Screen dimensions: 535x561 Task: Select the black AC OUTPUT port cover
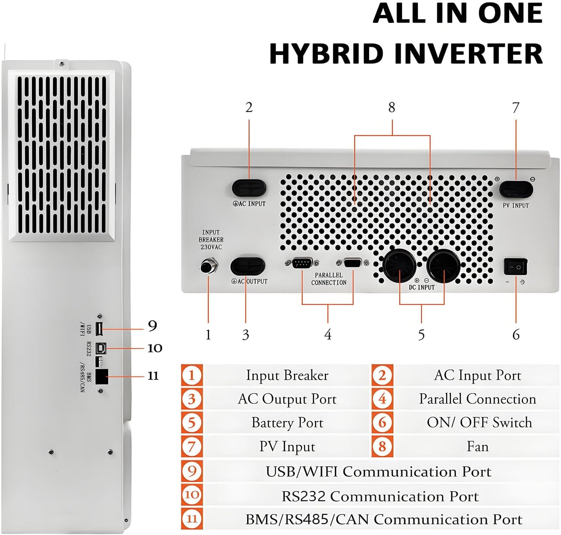(248, 266)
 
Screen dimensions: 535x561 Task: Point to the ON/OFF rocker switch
(516, 267)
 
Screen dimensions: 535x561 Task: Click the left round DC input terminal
(399, 266)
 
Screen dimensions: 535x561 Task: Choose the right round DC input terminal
(443, 266)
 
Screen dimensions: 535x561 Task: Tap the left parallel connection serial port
(302, 263)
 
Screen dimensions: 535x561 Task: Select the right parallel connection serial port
(353, 263)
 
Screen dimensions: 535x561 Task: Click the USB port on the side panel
(99, 329)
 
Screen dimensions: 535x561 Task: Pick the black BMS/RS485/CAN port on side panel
(102, 377)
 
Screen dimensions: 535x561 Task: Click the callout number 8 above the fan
(392, 108)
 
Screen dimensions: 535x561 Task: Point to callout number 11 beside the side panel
(153, 376)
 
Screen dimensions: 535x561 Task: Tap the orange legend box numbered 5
(192, 423)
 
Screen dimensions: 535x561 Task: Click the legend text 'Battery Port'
(287, 423)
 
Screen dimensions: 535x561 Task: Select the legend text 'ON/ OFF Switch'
(479, 423)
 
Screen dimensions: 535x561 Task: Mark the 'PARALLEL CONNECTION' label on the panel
(329, 279)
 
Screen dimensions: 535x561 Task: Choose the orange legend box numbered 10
(192, 495)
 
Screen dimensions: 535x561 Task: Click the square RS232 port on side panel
(101, 347)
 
